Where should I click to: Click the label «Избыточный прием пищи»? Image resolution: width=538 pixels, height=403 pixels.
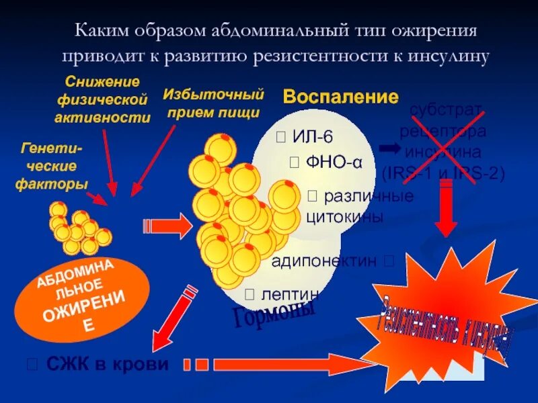213,103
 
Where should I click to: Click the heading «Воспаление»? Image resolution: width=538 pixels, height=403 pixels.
340,97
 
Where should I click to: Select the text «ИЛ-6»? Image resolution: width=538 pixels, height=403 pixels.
312,137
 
